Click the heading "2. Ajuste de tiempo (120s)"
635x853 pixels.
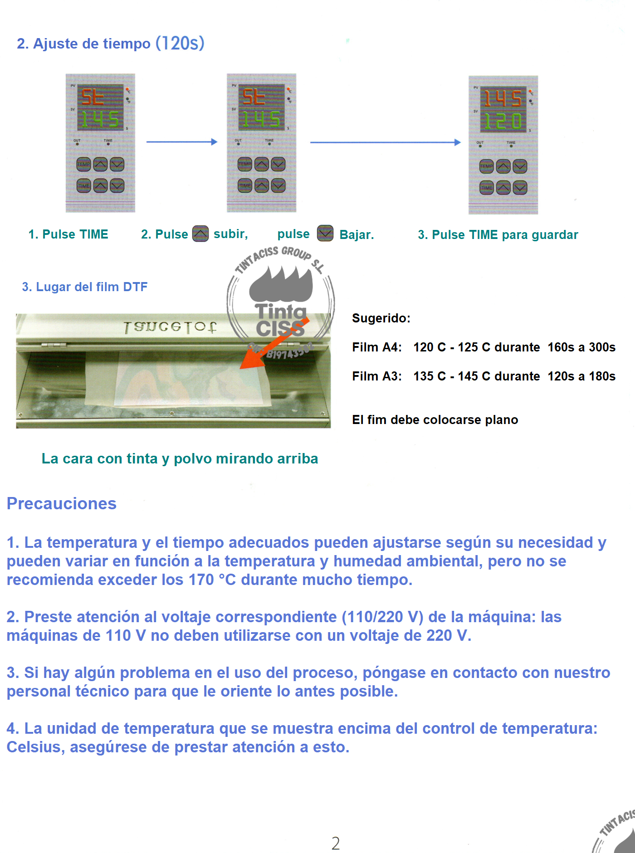(110, 44)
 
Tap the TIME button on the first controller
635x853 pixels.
(83, 185)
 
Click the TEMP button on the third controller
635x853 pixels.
(486, 166)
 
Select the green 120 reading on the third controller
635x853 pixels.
(503, 121)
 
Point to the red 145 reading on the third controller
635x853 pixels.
(503, 98)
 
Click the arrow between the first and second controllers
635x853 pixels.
(181, 142)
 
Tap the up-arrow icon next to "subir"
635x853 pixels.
(200, 234)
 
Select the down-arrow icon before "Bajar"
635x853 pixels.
(325, 234)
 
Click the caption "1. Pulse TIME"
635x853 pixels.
(68, 234)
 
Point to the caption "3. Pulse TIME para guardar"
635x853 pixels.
(498, 235)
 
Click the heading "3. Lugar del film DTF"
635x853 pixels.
(85, 287)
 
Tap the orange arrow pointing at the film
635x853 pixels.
(272, 345)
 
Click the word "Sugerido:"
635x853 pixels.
(381, 318)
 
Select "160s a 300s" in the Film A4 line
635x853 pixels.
(581, 347)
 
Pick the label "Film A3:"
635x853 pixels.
(376, 376)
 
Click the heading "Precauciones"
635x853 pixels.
(62, 504)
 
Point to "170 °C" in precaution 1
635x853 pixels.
(212, 580)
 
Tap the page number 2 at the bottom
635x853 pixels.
(336, 843)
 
